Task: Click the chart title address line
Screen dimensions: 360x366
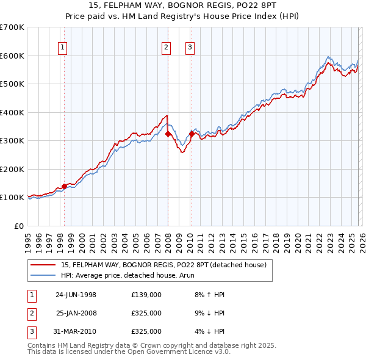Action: click(x=182, y=6)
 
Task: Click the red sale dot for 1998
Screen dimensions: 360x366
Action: click(x=64, y=186)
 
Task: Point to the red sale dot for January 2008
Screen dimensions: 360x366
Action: click(x=168, y=134)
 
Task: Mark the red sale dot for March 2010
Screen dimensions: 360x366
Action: click(x=192, y=134)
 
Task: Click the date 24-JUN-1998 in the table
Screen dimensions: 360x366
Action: click(x=76, y=295)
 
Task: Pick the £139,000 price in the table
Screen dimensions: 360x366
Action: click(x=146, y=295)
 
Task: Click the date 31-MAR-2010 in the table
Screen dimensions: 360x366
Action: click(x=76, y=331)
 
